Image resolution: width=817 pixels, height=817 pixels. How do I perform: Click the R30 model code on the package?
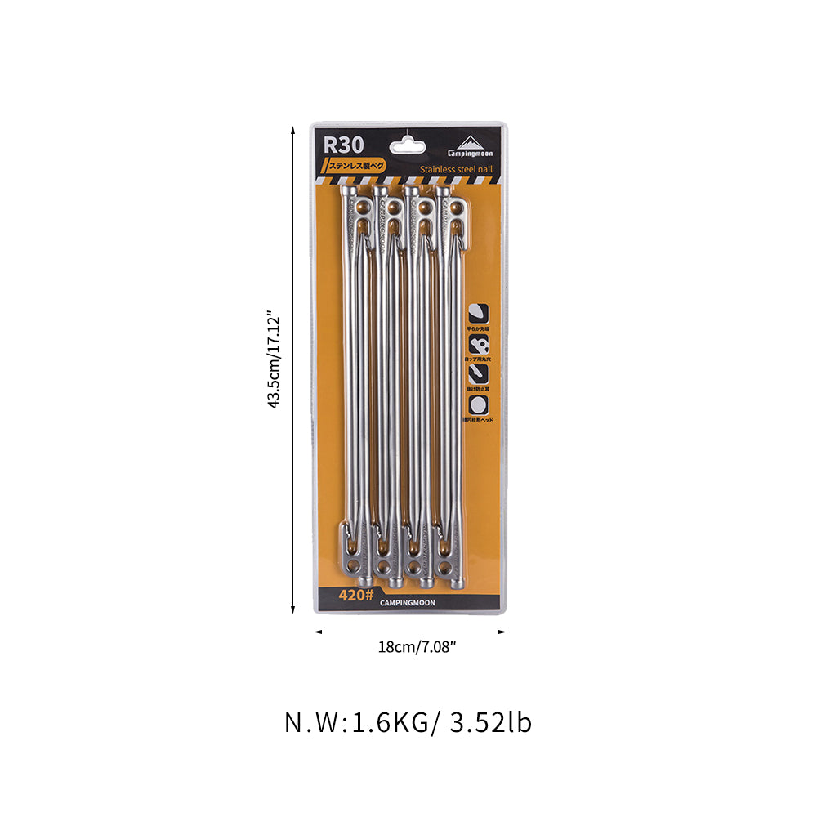pos(342,145)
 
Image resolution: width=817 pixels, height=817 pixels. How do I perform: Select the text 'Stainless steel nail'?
pos(456,169)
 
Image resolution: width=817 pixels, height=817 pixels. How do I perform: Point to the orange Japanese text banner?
pos(357,165)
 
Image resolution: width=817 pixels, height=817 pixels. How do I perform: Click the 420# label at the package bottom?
pos(356,595)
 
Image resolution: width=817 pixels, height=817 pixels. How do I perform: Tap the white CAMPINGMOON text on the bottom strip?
pos(408,603)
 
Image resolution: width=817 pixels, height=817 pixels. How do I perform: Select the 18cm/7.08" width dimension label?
pos(411,647)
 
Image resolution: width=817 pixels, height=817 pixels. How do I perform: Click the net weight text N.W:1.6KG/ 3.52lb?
pos(408,723)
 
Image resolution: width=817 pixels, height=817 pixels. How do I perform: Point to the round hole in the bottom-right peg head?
pos(445,565)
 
